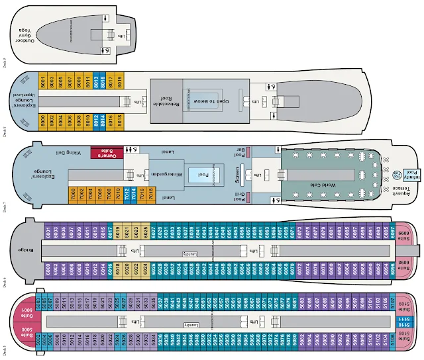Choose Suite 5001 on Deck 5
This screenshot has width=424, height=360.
pyautogui.click(x=28, y=310)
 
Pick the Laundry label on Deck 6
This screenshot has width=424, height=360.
pyautogui.click(x=191, y=253)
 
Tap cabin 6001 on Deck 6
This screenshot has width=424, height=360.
pyautogui.click(x=48, y=232)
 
